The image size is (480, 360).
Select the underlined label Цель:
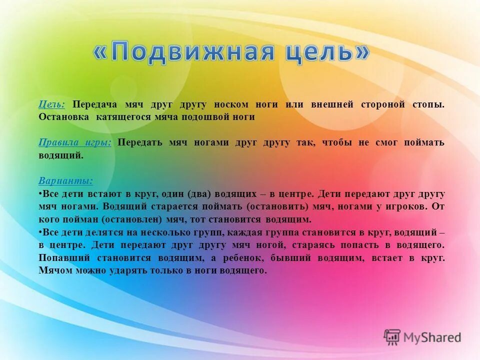[x=51, y=104]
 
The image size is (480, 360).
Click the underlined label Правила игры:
[x=75, y=142]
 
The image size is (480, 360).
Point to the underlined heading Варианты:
[x=65, y=181]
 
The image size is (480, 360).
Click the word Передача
[x=95, y=104]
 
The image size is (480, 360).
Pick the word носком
[x=230, y=104]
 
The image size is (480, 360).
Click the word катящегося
[x=125, y=117]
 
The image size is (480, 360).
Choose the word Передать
[x=140, y=142]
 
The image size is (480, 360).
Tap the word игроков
[x=405, y=206]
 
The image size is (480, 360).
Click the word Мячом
[x=55, y=270]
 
